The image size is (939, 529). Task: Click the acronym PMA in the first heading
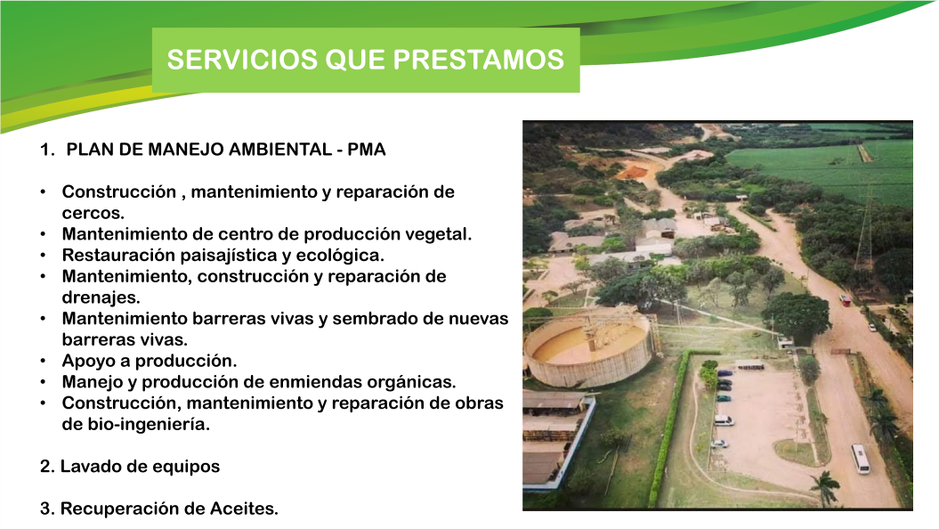tap(368, 150)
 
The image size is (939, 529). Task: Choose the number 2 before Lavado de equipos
tap(45, 467)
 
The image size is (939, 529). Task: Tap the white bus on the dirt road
tap(860, 458)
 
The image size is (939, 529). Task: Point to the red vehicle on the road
tap(845, 300)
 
